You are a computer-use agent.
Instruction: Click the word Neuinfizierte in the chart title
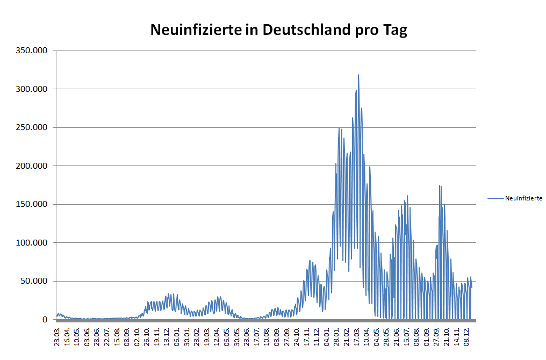click(196, 30)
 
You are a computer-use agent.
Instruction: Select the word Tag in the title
click(395, 30)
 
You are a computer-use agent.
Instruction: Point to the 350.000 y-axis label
click(33, 51)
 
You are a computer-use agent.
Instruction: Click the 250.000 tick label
click(33, 127)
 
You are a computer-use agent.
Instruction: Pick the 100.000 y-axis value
click(33, 243)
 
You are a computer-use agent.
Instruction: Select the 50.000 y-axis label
click(35, 281)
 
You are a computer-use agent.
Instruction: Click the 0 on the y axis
click(46, 320)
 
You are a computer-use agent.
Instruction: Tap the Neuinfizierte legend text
click(523, 198)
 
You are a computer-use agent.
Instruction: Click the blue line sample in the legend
click(495, 198)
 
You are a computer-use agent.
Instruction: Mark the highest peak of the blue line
click(358, 75)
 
